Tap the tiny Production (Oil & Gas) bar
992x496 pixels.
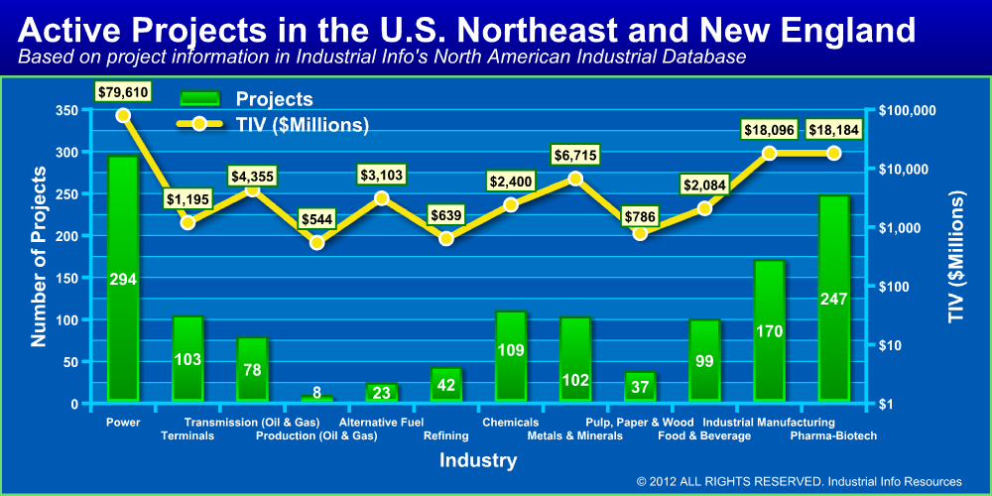(316, 399)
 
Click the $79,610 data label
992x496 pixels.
(123, 92)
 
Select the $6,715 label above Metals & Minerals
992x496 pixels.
(575, 155)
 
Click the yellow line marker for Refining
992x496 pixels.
(446, 238)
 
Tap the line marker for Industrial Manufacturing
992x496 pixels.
(769, 153)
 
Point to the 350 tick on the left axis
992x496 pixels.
(66, 110)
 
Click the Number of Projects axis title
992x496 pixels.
(39, 256)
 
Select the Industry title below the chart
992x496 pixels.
(478, 460)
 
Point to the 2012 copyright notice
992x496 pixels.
(800, 482)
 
